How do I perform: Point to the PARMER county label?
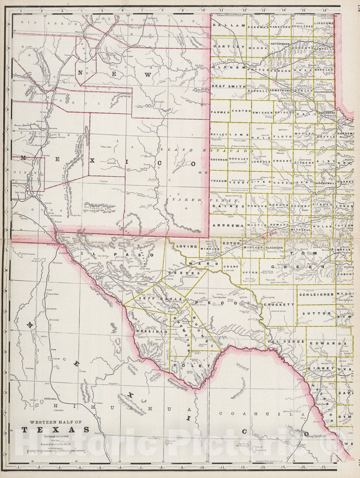(220, 112)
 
